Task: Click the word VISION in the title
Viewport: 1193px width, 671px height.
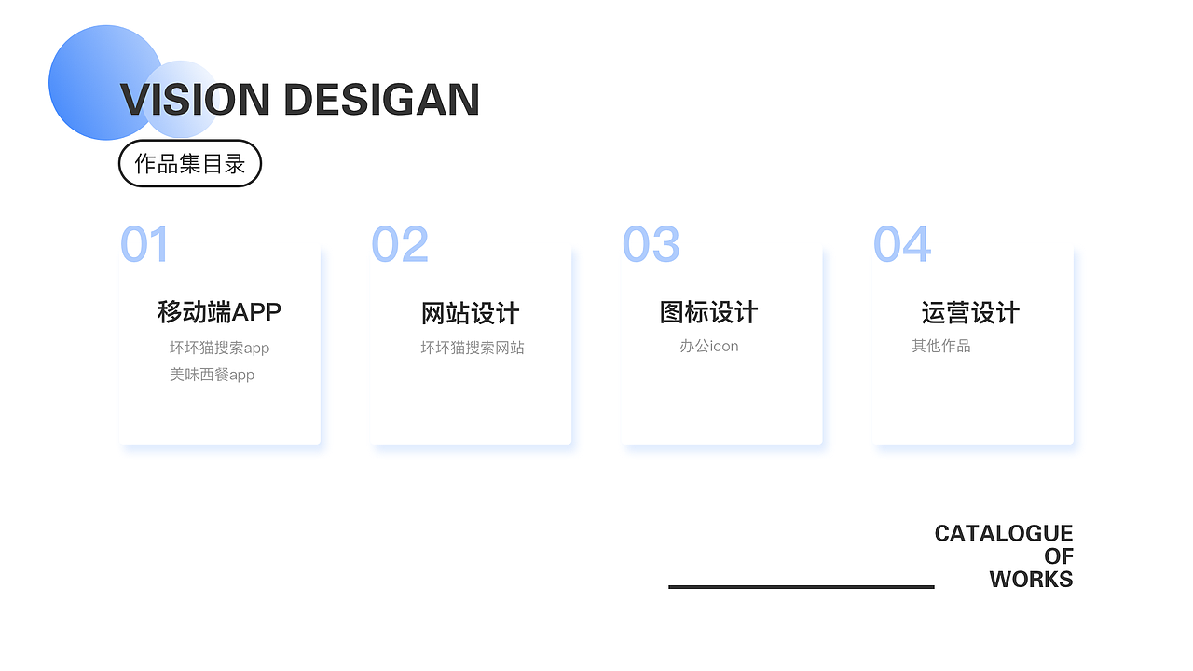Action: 195,100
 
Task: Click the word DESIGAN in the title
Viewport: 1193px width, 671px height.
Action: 382,100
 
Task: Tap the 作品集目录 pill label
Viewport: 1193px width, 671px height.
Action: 189,163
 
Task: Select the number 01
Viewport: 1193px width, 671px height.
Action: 144,244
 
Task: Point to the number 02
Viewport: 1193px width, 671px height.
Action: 400,244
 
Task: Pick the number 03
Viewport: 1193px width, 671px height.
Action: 651,244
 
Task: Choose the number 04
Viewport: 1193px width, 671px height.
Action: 902,244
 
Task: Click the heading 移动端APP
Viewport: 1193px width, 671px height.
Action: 219,312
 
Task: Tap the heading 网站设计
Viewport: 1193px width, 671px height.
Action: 471,313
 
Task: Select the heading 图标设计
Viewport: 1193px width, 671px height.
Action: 708,312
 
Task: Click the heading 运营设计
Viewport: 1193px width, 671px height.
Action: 970,312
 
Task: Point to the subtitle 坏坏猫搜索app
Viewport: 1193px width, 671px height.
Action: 219,349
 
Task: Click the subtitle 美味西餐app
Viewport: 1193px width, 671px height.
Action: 212,375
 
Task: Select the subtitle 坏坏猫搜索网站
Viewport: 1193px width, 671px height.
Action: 473,348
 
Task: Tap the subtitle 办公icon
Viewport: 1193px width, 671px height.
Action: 709,346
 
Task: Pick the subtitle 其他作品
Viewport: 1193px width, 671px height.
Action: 941,346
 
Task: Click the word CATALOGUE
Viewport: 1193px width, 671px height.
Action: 1004,534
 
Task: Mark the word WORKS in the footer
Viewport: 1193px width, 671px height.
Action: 1032,580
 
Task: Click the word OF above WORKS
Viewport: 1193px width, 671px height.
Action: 1059,556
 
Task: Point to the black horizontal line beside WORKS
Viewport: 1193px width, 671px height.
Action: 802,587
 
